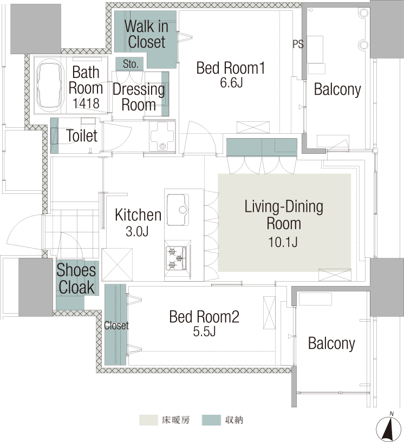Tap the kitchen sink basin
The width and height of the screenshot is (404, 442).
pos(178,210)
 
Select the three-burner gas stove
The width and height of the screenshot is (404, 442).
pos(176,258)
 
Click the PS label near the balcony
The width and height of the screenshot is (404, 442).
pos(298,44)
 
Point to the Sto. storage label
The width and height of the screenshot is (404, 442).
pos(131,64)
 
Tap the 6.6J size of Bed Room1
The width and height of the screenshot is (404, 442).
pos(231,82)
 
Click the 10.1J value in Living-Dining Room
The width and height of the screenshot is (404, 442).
pos(283,242)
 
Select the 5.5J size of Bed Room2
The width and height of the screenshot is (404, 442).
pos(204,331)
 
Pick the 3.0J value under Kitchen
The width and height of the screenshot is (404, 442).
pos(137,232)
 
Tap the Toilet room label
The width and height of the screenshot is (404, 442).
pos(82,136)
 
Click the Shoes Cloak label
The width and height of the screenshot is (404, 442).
pos(76,278)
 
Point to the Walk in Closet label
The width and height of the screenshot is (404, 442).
pos(146,34)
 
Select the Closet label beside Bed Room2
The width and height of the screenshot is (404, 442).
pos(116,326)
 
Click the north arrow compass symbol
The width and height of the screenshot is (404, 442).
pos(389,426)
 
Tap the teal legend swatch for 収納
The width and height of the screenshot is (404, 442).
pos(211,420)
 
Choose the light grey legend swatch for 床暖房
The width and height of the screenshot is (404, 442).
pos(148,420)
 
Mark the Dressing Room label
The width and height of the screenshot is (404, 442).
pos(139,97)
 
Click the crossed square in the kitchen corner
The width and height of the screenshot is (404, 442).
pos(117,264)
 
